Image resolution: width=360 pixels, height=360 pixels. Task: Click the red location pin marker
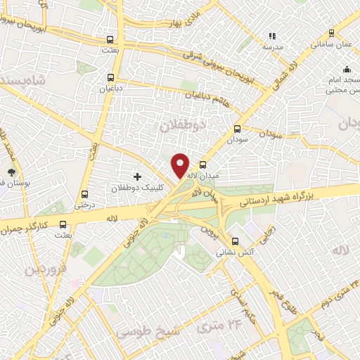(181, 165)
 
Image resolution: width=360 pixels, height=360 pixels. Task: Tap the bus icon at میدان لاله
(202, 166)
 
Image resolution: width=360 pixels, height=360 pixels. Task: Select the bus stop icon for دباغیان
(110, 78)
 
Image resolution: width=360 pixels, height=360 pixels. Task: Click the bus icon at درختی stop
(84, 195)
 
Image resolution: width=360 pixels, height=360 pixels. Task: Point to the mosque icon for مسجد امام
(347, 69)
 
